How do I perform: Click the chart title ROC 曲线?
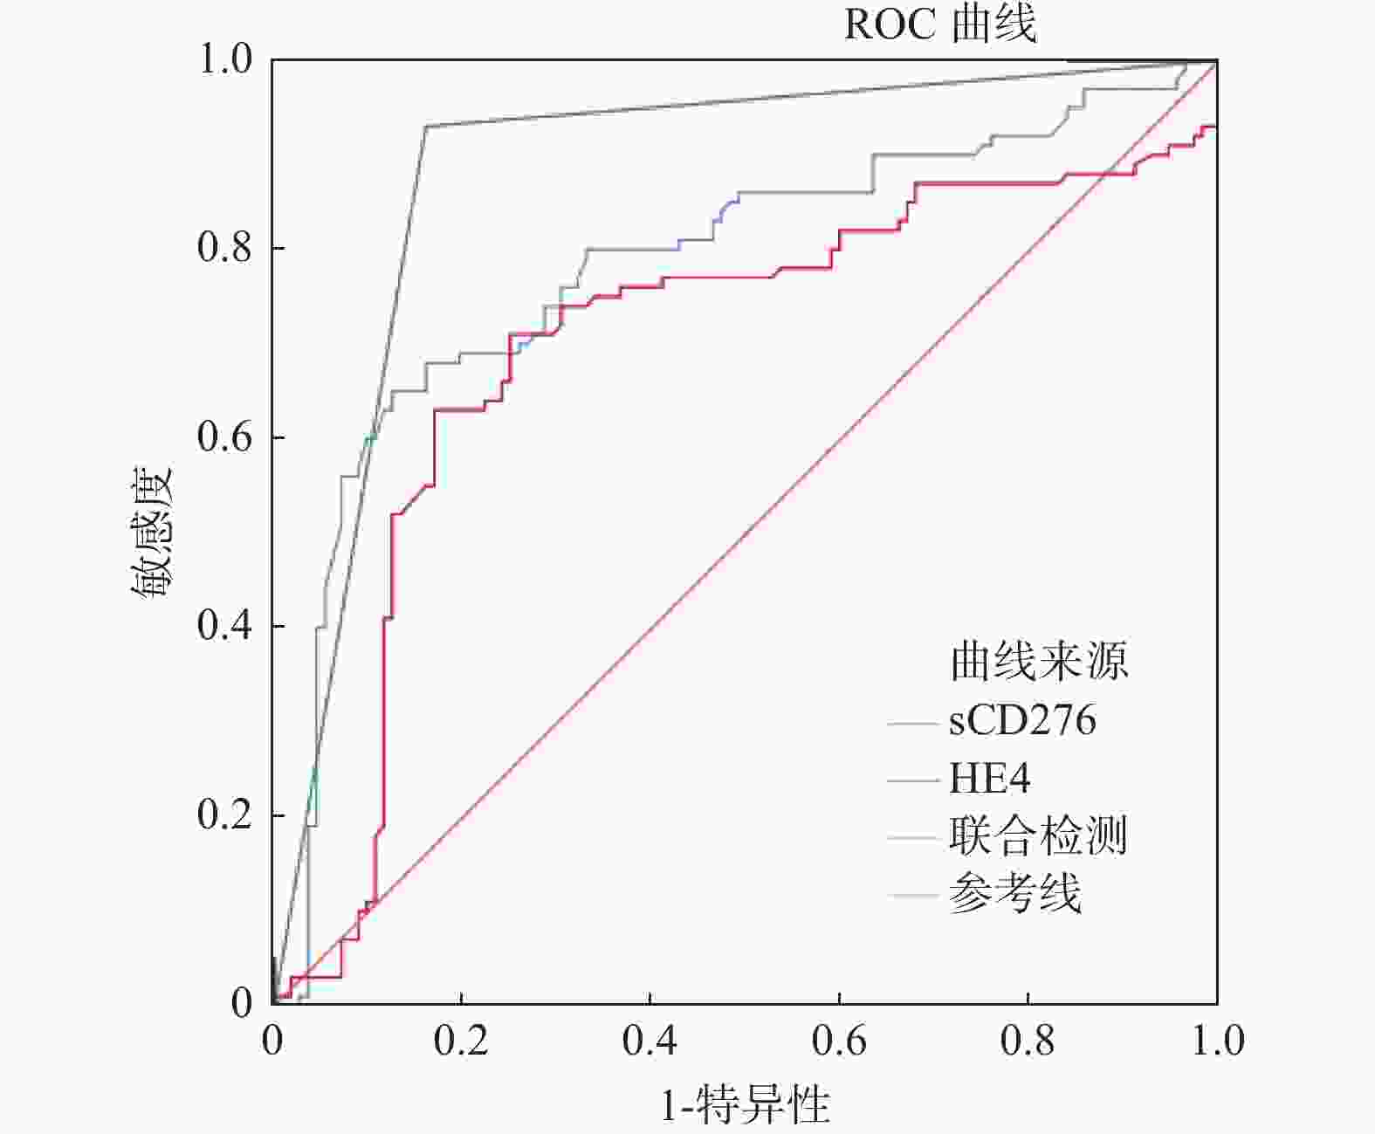(940, 24)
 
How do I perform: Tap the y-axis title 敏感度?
(154, 533)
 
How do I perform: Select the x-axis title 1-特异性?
(745, 1105)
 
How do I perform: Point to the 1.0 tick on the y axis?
(224, 59)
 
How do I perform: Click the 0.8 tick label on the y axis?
(224, 248)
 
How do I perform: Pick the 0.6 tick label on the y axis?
(224, 436)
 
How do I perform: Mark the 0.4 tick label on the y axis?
(224, 625)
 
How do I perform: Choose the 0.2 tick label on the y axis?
(224, 814)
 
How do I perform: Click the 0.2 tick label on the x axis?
(461, 1041)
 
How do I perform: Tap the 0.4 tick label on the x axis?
(650, 1041)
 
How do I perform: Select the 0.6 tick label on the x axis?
(839, 1041)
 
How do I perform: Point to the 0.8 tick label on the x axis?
(1028, 1041)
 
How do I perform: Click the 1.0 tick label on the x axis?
(1217, 1041)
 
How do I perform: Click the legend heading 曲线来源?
(1039, 661)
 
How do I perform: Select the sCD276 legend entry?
(1021, 721)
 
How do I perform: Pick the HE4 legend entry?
(989, 778)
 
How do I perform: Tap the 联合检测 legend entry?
(1038, 835)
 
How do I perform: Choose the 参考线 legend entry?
(1014, 893)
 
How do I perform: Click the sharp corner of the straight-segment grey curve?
(426, 127)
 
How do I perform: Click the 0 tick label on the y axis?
(241, 1003)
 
